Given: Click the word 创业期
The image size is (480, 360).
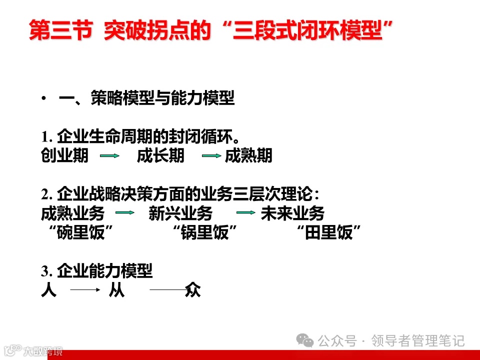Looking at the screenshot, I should (64, 156).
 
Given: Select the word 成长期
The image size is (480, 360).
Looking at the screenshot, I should (160, 156).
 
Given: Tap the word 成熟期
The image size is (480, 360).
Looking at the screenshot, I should (248, 156).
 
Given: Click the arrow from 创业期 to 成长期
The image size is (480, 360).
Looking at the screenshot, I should (109, 156).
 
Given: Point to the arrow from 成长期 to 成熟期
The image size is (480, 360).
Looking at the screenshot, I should (211, 156).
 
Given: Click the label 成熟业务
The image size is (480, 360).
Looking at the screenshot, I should (72, 214).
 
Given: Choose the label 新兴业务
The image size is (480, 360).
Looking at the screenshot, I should (180, 214).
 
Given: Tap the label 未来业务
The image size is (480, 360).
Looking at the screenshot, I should (292, 214).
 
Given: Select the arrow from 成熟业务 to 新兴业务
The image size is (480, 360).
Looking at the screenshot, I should (125, 213).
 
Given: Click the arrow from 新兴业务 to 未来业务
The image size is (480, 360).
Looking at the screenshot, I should (246, 213).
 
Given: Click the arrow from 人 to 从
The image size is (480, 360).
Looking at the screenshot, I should (82, 289).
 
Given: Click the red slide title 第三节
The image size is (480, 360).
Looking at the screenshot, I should (60, 31).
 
